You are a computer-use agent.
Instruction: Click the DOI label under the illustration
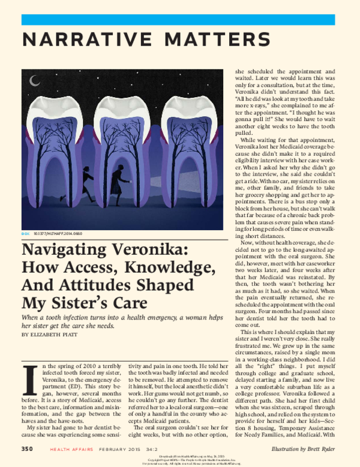tap(25, 232)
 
